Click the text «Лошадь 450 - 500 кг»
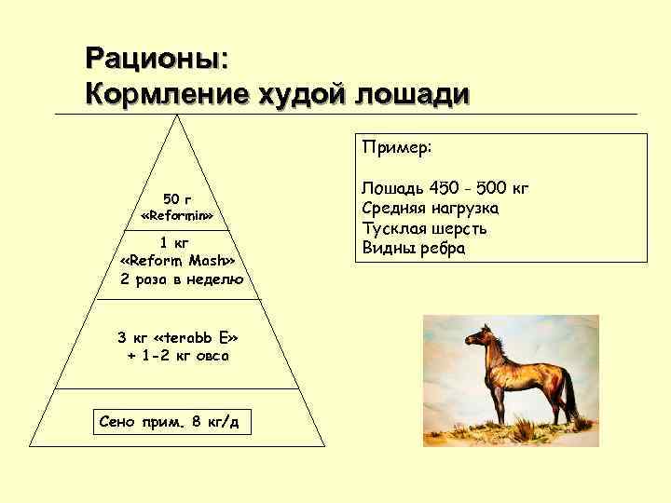tap(445, 189)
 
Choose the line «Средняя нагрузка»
tap(430, 209)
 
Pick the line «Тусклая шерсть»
tap(424, 228)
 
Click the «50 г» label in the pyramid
tap(177, 198)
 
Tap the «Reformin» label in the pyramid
tap(177, 216)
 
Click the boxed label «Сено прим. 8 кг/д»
tap(169, 422)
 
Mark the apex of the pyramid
tap(178, 117)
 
